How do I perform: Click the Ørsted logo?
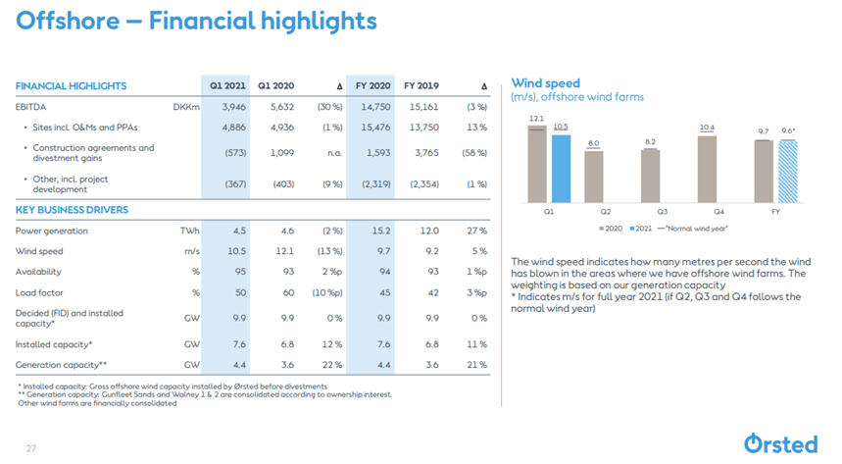click(x=780, y=442)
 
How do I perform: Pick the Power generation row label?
click(x=52, y=231)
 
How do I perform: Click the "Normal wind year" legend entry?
click(x=695, y=228)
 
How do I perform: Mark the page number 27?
click(x=30, y=447)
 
